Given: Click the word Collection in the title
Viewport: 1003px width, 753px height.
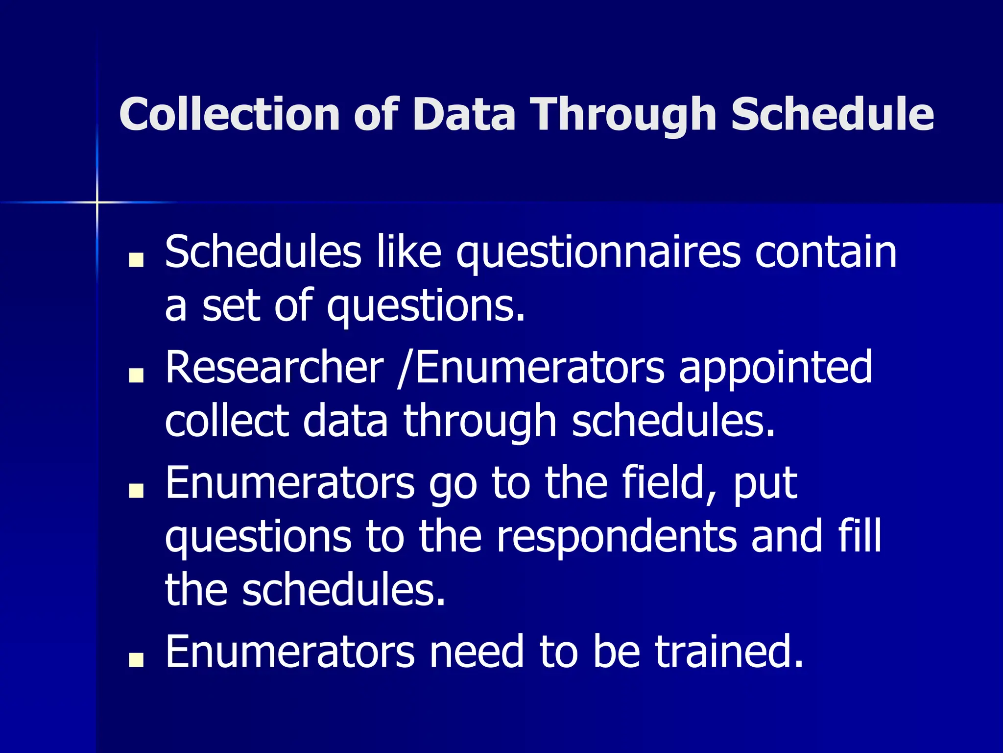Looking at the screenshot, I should (229, 114).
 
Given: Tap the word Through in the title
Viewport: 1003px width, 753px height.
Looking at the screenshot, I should (625, 114).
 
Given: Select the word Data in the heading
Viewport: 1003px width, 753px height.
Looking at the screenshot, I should (464, 114).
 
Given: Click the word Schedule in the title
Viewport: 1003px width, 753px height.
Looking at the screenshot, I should (832, 114).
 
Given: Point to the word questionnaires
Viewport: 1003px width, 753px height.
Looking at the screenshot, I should (598, 253).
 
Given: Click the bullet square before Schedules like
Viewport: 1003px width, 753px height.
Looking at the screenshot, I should (136, 260).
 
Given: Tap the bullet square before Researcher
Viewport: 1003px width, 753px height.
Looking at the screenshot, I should (136, 376).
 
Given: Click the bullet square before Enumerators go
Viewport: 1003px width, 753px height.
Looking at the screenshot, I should (136, 491).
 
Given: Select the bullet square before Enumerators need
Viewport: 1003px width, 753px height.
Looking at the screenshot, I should (136, 660).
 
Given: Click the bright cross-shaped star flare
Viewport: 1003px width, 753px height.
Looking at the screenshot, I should (97, 201).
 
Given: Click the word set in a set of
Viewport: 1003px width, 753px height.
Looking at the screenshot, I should (231, 306).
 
